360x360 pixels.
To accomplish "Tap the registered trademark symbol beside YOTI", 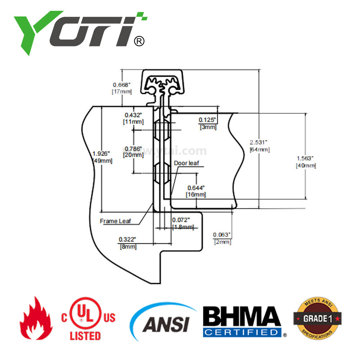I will [139, 41].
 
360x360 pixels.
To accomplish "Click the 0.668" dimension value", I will [122, 85].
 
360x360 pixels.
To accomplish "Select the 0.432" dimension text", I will [134, 115].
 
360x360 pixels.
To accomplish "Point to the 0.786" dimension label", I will [133, 148].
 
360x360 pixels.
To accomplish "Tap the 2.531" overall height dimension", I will [260, 143].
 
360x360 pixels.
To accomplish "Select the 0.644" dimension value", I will [196, 188].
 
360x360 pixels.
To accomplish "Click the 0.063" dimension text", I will [222, 235].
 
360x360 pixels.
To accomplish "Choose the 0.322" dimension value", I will [128, 239].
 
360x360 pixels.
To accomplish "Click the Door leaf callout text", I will [186, 163].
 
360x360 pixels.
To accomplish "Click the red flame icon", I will [36, 319].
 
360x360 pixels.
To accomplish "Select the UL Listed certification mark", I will [88, 319].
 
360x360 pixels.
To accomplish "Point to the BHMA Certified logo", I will [242, 321].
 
